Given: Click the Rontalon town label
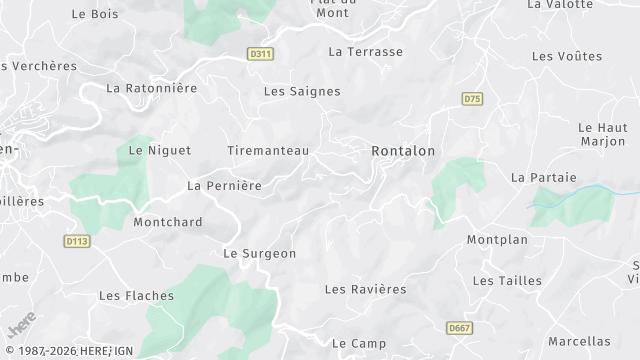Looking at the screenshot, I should click(x=403, y=151).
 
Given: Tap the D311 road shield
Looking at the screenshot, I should click(x=261, y=54).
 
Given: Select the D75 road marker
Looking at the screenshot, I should click(x=473, y=98).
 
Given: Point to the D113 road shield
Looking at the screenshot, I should click(x=76, y=241).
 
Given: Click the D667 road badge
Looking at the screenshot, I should click(x=460, y=328).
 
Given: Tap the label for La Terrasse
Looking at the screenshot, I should click(x=365, y=51).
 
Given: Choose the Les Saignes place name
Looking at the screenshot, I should click(x=302, y=91).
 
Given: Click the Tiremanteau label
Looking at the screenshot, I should click(x=268, y=151).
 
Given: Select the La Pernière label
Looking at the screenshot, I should click(x=224, y=186).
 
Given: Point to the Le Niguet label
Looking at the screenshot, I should click(x=152, y=151).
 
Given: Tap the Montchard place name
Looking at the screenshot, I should click(x=168, y=222).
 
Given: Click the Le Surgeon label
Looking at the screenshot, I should click(x=259, y=254).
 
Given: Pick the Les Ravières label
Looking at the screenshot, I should click(x=366, y=289).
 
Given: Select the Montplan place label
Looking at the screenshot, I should click(x=497, y=240).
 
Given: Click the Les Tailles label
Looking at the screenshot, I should click(x=507, y=281).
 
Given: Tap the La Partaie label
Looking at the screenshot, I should click(x=544, y=177).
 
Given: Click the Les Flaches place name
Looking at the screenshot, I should click(x=136, y=296).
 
